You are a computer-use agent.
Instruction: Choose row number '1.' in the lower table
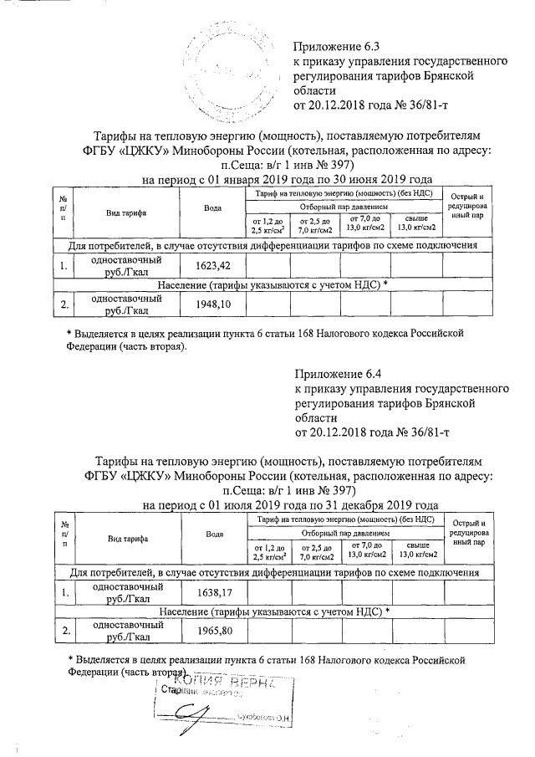pos(64,593)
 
